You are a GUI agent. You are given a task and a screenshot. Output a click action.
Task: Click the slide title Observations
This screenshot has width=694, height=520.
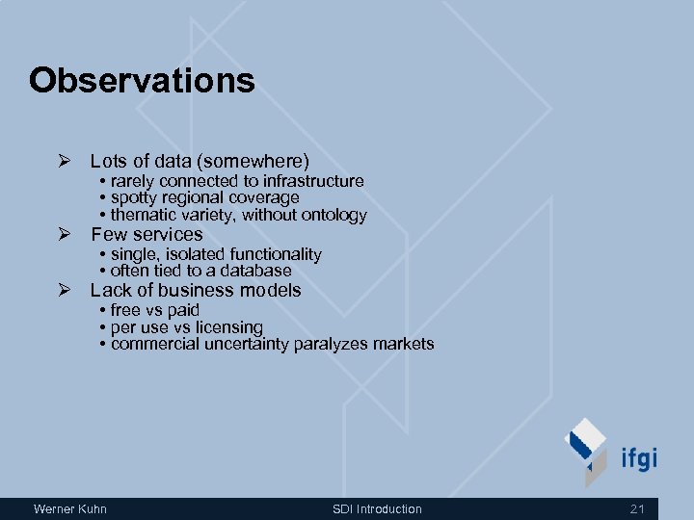(142, 80)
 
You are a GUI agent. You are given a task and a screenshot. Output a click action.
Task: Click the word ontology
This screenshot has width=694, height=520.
(334, 216)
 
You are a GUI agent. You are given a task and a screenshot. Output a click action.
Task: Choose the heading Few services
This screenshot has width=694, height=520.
(147, 235)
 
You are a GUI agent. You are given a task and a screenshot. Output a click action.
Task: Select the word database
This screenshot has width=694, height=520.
(255, 272)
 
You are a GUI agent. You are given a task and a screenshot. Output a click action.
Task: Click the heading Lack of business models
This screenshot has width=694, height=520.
(196, 291)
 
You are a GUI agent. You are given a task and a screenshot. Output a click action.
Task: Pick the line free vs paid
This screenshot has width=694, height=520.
(154, 310)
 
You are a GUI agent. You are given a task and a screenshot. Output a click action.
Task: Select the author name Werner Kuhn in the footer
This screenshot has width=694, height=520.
(70, 508)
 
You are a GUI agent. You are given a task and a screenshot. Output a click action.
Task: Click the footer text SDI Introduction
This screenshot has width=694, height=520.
(377, 508)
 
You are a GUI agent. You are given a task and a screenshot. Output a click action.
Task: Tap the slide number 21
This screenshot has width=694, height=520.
(636, 508)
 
